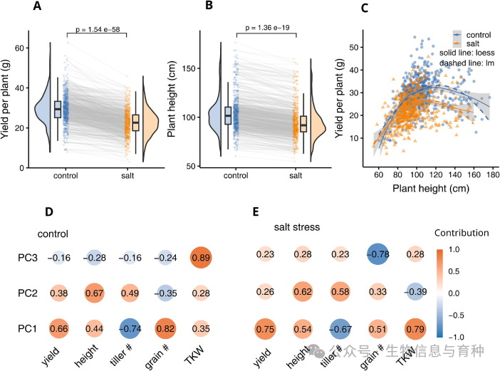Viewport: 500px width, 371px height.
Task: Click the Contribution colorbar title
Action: (x=464, y=232)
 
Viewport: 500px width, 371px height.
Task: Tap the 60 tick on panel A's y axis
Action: (x=21, y=47)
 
